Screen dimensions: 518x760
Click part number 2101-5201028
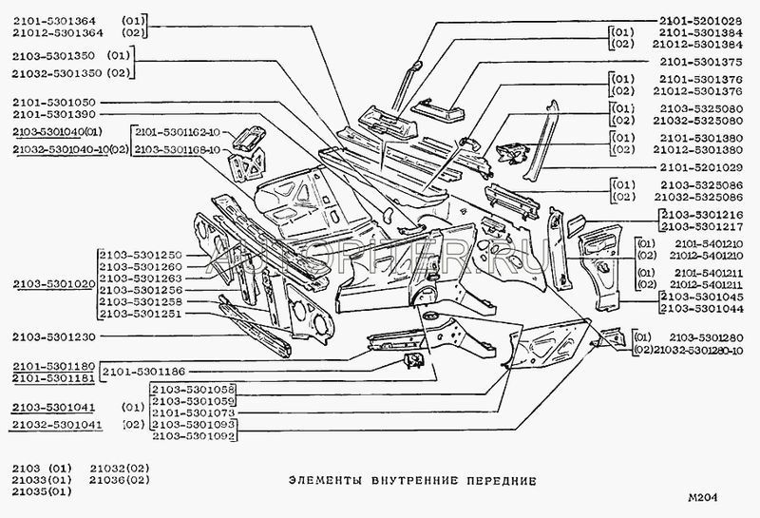coord(699,19)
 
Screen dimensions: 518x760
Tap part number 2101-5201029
coord(700,165)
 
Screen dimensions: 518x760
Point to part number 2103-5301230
coord(54,336)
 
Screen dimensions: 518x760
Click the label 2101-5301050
coord(54,102)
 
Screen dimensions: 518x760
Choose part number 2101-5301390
coord(54,115)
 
